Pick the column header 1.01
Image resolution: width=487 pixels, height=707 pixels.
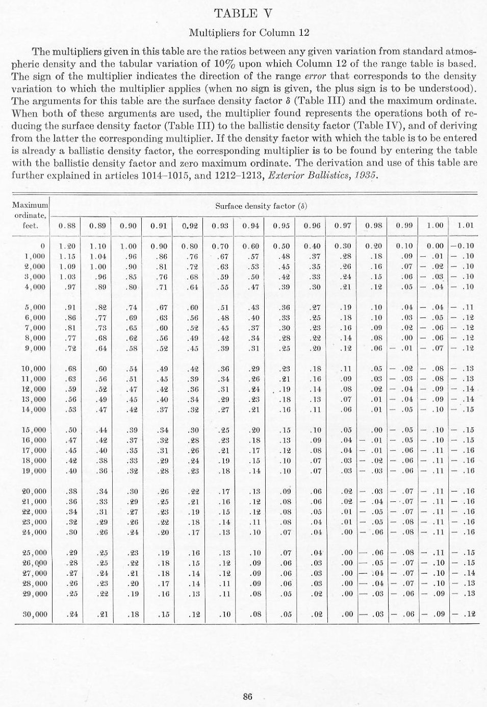(465, 225)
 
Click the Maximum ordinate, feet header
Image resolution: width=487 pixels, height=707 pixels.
(30, 215)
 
